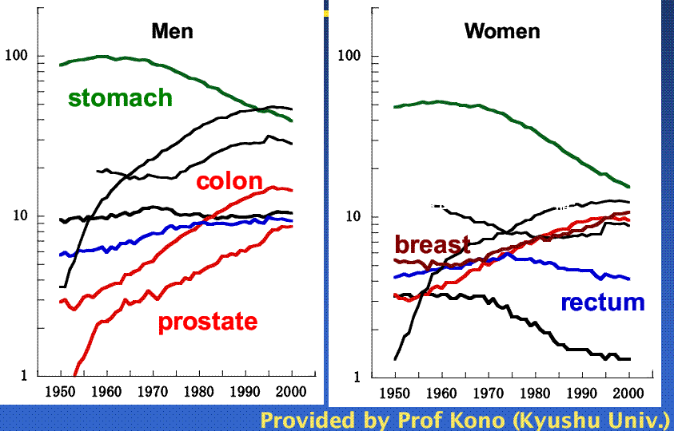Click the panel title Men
tap(173, 32)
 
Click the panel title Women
tap(502, 32)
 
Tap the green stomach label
tap(120, 98)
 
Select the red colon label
tap(229, 181)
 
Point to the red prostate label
tap(208, 322)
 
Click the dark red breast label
tap(432, 244)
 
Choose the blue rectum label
tap(602, 302)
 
